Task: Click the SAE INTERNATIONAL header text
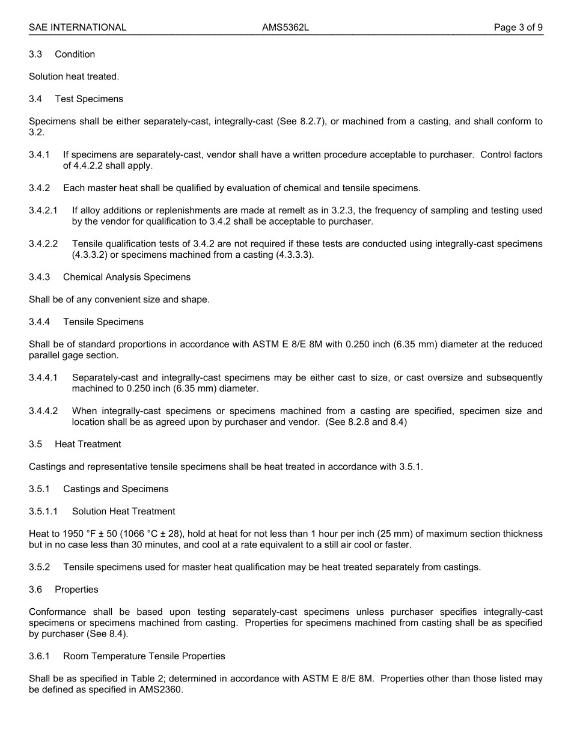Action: [x=78, y=27]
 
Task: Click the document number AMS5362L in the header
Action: [x=285, y=27]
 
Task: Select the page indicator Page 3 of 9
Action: [x=518, y=27]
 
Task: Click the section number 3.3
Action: [x=35, y=54]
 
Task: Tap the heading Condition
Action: [x=75, y=54]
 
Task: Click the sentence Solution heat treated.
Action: [x=74, y=76]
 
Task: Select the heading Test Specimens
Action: [x=89, y=99]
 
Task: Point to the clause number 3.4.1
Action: [x=39, y=154]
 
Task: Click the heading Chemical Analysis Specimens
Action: [x=127, y=277]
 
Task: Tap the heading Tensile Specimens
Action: [x=103, y=322]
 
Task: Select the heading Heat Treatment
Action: [x=88, y=444]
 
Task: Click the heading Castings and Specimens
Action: [x=116, y=489]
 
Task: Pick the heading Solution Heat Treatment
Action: [x=124, y=511]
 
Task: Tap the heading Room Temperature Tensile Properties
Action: [x=144, y=656]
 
